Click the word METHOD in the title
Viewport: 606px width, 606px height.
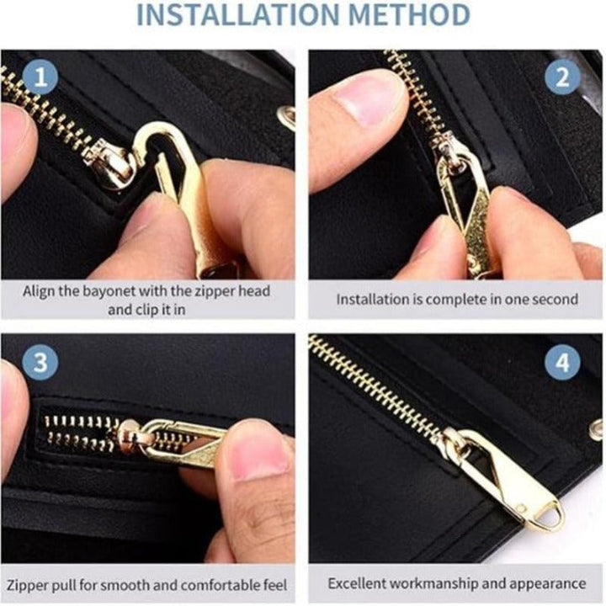coord(409,14)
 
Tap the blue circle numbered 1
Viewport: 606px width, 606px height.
coord(40,77)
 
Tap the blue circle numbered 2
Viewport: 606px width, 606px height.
coord(562,77)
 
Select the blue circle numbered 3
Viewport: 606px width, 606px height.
coord(40,363)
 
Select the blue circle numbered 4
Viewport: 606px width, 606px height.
coord(562,363)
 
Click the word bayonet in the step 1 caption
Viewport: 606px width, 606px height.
coord(109,291)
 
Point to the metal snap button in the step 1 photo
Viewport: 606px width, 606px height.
coord(286,115)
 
